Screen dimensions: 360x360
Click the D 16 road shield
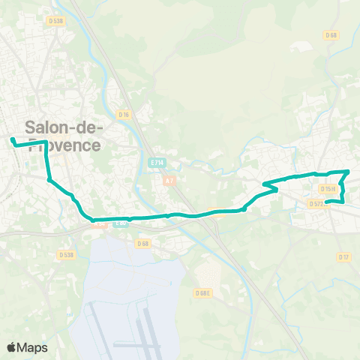coord(124,114)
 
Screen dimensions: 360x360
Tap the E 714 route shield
coord(156,163)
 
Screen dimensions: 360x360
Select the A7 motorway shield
coord(169,181)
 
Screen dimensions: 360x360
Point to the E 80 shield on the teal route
coord(121,222)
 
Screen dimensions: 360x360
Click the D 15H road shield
coord(328,189)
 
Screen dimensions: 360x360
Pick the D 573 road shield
coord(316,203)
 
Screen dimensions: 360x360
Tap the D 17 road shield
coord(343,257)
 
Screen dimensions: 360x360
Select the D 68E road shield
coord(202,292)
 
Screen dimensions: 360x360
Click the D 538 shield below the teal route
coord(67,255)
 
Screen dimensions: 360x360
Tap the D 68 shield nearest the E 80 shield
coord(142,243)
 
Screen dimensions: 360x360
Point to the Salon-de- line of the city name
coord(64,127)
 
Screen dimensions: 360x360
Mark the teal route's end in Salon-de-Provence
coord(12,139)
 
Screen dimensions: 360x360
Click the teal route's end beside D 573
coord(327,200)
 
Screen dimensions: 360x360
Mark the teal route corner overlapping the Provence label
coord(46,142)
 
